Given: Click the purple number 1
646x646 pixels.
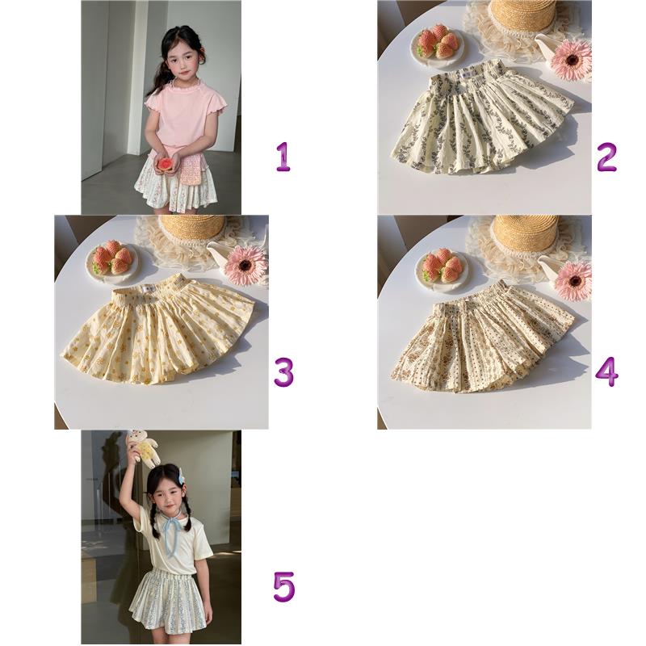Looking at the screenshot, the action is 283,157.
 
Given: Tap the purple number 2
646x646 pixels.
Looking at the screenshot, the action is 606,157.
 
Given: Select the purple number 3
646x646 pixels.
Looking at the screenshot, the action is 284,372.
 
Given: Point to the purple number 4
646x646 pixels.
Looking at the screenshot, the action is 607,372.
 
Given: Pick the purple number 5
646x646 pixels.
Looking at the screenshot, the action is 284,587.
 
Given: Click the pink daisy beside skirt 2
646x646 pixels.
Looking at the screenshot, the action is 572,61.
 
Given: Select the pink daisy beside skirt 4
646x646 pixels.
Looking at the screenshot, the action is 573,280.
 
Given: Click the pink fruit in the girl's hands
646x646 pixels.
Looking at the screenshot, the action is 164,164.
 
